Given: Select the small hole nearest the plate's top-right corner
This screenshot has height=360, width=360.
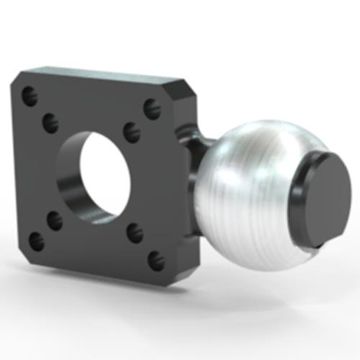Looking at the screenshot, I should pyautogui.click(x=150, y=109).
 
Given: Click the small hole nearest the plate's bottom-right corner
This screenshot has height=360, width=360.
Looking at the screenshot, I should pyautogui.click(x=156, y=260).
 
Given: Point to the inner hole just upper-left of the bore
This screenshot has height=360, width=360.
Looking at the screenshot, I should pyautogui.click(x=50, y=122).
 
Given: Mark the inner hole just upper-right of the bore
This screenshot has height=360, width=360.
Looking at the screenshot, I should pyautogui.click(x=131, y=132).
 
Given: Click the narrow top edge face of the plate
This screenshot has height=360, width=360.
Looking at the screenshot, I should pyautogui.click(x=101, y=73).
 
